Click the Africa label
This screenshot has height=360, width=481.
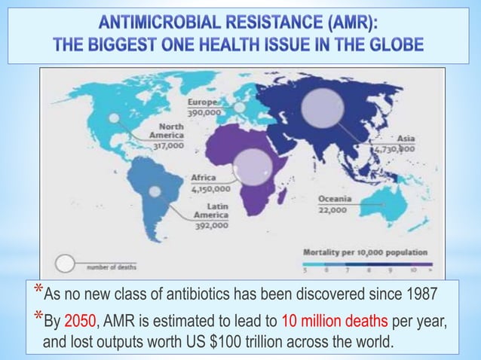(204, 178)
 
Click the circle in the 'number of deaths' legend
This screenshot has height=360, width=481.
(66, 264)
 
